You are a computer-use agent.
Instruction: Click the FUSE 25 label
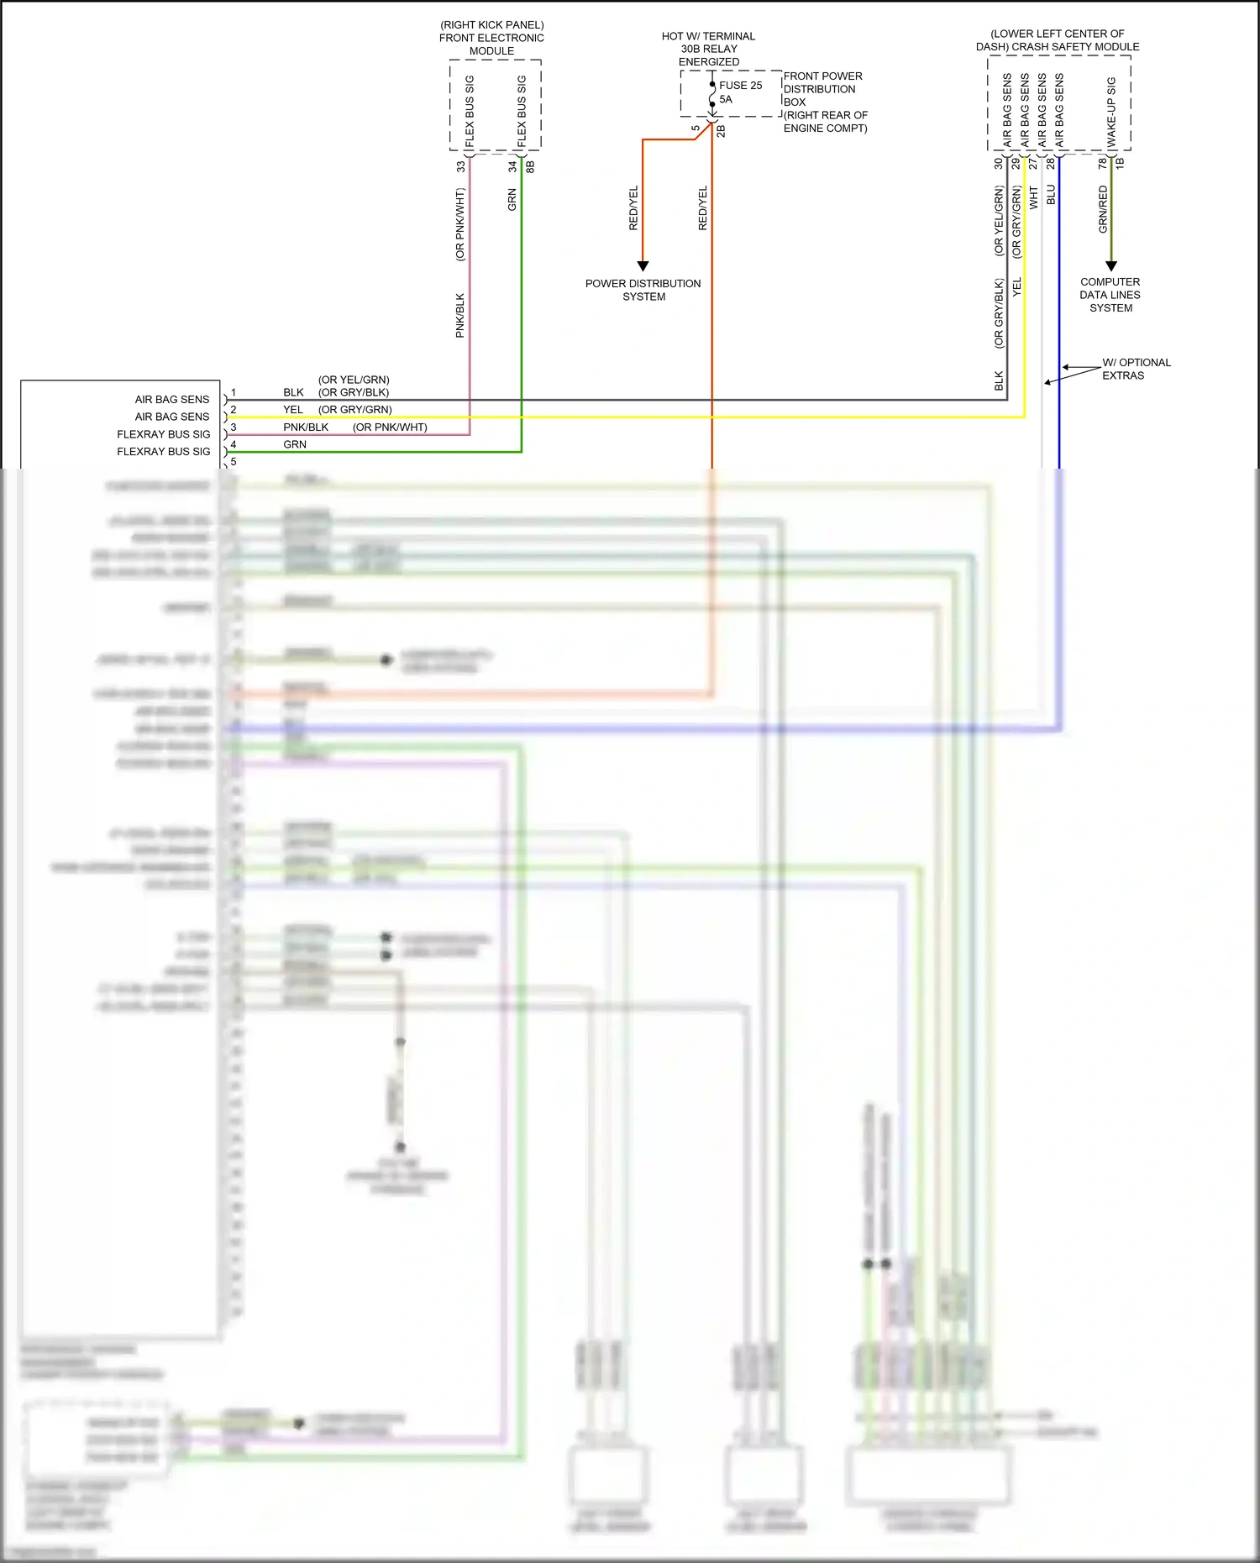pyautogui.click(x=740, y=85)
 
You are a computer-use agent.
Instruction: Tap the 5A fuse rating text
pyautogui.click(x=726, y=99)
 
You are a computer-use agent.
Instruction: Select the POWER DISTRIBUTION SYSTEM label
pyautogui.click(x=643, y=290)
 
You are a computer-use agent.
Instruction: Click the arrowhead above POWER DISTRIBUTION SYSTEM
pyautogui.click(x=643, y=265)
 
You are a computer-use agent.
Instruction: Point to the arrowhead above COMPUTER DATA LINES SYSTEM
pyautogui.click(x=1110, y=265)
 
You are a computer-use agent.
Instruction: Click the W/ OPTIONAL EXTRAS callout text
pyautogui.click(x=1135, y=369)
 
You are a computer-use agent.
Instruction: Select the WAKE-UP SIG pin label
pyautogui.click(x=1111, y=112)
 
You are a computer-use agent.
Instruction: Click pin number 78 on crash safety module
pyautogui.click(x=1103, y=164)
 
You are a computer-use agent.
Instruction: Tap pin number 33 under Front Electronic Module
pyautogui.click(x=460, y=167)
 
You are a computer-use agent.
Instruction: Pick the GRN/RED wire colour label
pyautogui.click(x=1103, y=209)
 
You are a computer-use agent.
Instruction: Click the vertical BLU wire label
pyautogui.click(x=1051, y=196)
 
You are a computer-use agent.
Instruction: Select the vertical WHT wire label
pyautogui.click(x=1034, y=197)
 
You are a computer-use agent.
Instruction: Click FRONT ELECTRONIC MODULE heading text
pyautogui.click(x=491, y=38)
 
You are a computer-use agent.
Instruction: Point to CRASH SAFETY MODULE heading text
pyautogui.click(x=1058, y=46)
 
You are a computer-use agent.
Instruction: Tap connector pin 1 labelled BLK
pyautogui.click(x=234, y=392)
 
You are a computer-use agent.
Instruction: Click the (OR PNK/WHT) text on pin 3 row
pyautogui.click(x=390, y=427)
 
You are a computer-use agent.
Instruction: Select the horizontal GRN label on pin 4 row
pyautogui.click(x=295, y=444)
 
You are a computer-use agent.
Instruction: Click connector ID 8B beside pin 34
pyautogui.click(x=530, y=166)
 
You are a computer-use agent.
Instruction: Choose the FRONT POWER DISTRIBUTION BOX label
pyautogui.click(x=822, y=89)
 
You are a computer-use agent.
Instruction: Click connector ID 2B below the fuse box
pyautogui.click(x=721, y=131)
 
